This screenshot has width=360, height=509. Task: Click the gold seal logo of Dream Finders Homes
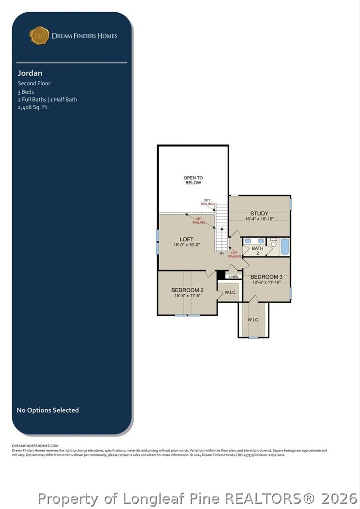point(39,35)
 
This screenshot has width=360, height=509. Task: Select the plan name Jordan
point(30,73)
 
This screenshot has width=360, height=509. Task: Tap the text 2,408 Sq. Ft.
point(33,107)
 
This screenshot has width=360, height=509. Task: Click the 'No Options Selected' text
point(48,410)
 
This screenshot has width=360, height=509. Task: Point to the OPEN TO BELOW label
point(193,180)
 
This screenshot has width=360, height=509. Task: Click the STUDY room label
point(259,213)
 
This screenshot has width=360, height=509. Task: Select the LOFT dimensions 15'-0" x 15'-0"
point(186,245)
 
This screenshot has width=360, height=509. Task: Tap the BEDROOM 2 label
point(187,290)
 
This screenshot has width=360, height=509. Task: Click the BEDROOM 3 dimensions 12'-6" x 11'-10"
point(266,282)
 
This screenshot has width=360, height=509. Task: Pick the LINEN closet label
point(233,277)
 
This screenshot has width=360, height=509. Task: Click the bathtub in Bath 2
point(284,247)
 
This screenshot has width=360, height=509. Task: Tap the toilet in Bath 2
point(274,242)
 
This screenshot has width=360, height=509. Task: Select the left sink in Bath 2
point(248,241)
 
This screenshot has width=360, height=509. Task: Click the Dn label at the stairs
point(221,253)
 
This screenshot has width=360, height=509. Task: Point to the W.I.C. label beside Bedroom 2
point(230,292)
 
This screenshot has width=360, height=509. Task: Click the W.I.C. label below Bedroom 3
point(253,320)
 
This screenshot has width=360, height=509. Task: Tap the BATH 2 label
point(257,250)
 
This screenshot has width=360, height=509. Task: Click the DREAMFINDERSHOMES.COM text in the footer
point(35,445)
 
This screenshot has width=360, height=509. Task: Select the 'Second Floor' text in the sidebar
point(34,83)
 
